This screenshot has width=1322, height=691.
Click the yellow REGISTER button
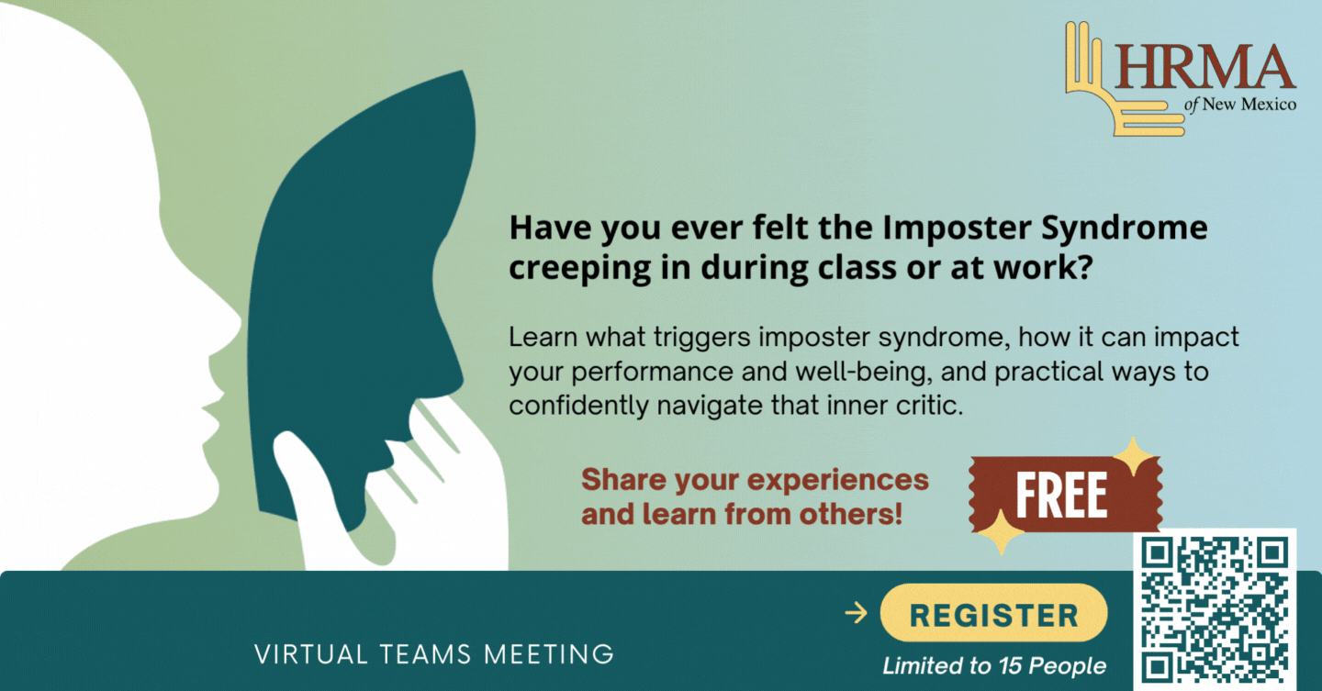pos(993,613)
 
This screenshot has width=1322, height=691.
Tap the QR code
pos(1214,609)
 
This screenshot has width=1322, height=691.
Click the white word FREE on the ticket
pos(1060,495)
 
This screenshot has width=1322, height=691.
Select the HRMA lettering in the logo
pos(1204,67)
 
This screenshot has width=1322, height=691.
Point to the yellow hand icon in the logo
pos(1110,88)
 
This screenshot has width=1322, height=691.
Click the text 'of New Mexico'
pos(1240,105)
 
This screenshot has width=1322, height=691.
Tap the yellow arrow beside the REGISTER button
pos(857,613)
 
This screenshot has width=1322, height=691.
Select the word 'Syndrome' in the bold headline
pos(1125,228)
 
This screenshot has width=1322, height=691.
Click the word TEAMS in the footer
pos(425,654)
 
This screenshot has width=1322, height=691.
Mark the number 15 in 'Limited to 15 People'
pos(1010,665)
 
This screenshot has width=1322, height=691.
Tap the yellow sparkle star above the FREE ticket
pos(1133,456)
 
